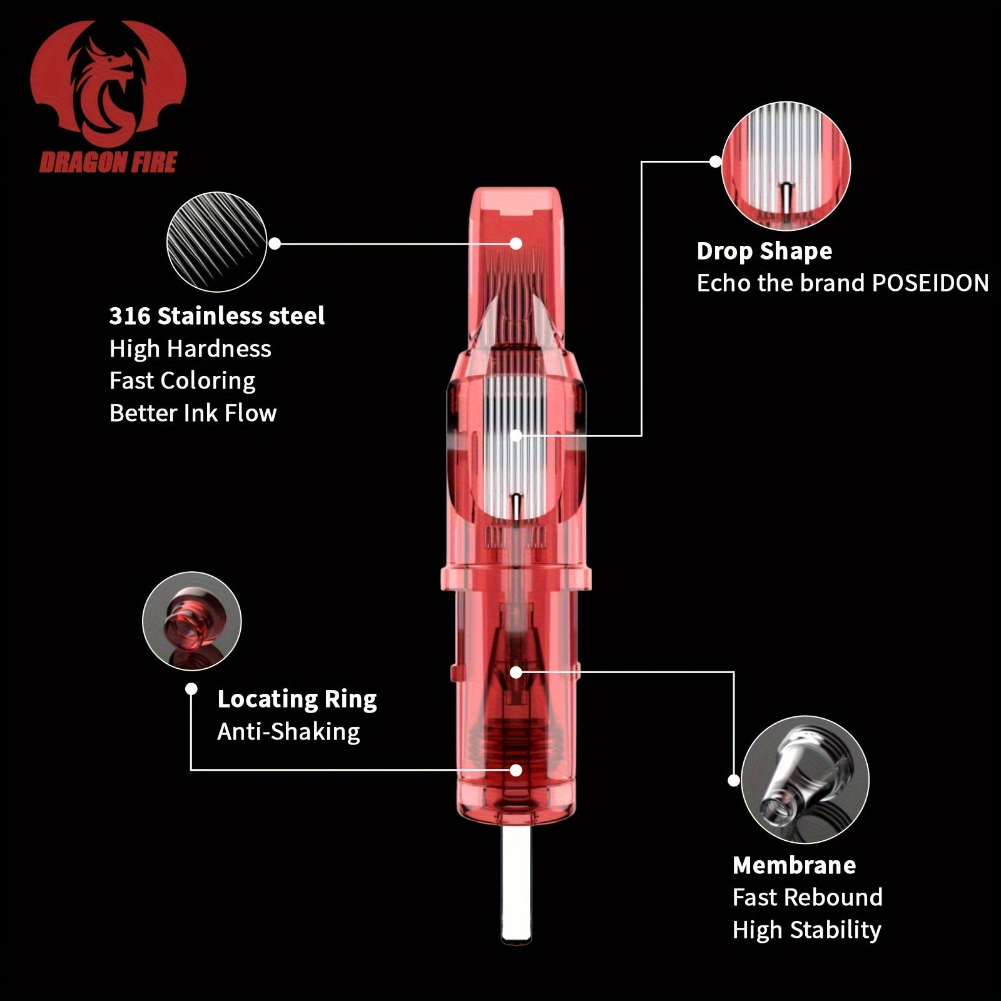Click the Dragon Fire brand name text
tap(108, 163)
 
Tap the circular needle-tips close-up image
tap(216, 242)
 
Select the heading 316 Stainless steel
tap(216, 316)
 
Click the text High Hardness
tap(190, 348)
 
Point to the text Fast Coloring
tap(182, 381)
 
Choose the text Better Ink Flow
tap(193, 413)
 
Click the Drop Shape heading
tap(765, 252)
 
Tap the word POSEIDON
tap(930, 283)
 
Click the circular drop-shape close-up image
tap(786, 166)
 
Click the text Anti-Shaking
tap(288, 731)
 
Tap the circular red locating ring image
tap(191, 621)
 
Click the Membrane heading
tap(794, 865)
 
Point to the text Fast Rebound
tap(808, 898)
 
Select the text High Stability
tap(807, 930)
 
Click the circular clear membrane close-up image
tap(805, 780)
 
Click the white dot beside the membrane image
tap(734, 780)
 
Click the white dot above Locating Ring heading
tap(191, 689)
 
